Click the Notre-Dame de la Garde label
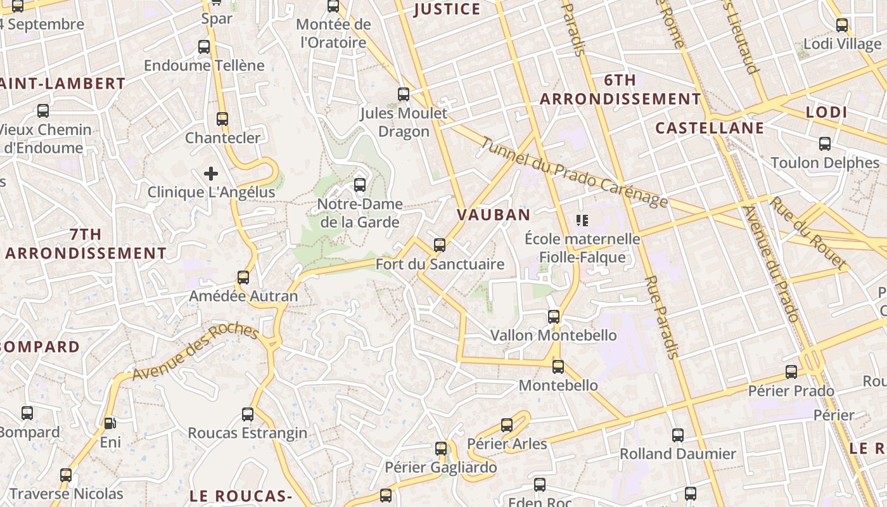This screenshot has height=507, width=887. (361, 213)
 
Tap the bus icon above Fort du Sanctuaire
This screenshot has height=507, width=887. (440, 245)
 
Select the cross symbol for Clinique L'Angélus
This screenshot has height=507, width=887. (211, 173)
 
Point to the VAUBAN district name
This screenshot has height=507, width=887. (494, 215)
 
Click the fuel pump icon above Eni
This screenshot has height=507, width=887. (110, 423)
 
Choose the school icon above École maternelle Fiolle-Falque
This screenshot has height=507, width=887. (582, 221)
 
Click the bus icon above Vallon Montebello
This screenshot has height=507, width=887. (554, 316)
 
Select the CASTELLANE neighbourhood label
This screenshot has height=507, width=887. (710, 128)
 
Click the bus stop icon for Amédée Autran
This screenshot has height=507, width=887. (243, 277)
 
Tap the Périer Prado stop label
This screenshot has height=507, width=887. (791, 391)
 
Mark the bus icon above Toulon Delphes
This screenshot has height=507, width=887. (825, 144)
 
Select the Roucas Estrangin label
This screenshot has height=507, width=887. (247, 433)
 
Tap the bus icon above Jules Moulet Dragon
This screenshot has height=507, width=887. (404, 94)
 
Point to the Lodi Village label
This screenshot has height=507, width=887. (842, 44)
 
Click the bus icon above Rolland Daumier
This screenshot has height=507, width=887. (678, 435)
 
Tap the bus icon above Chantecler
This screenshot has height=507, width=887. (222, 119)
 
